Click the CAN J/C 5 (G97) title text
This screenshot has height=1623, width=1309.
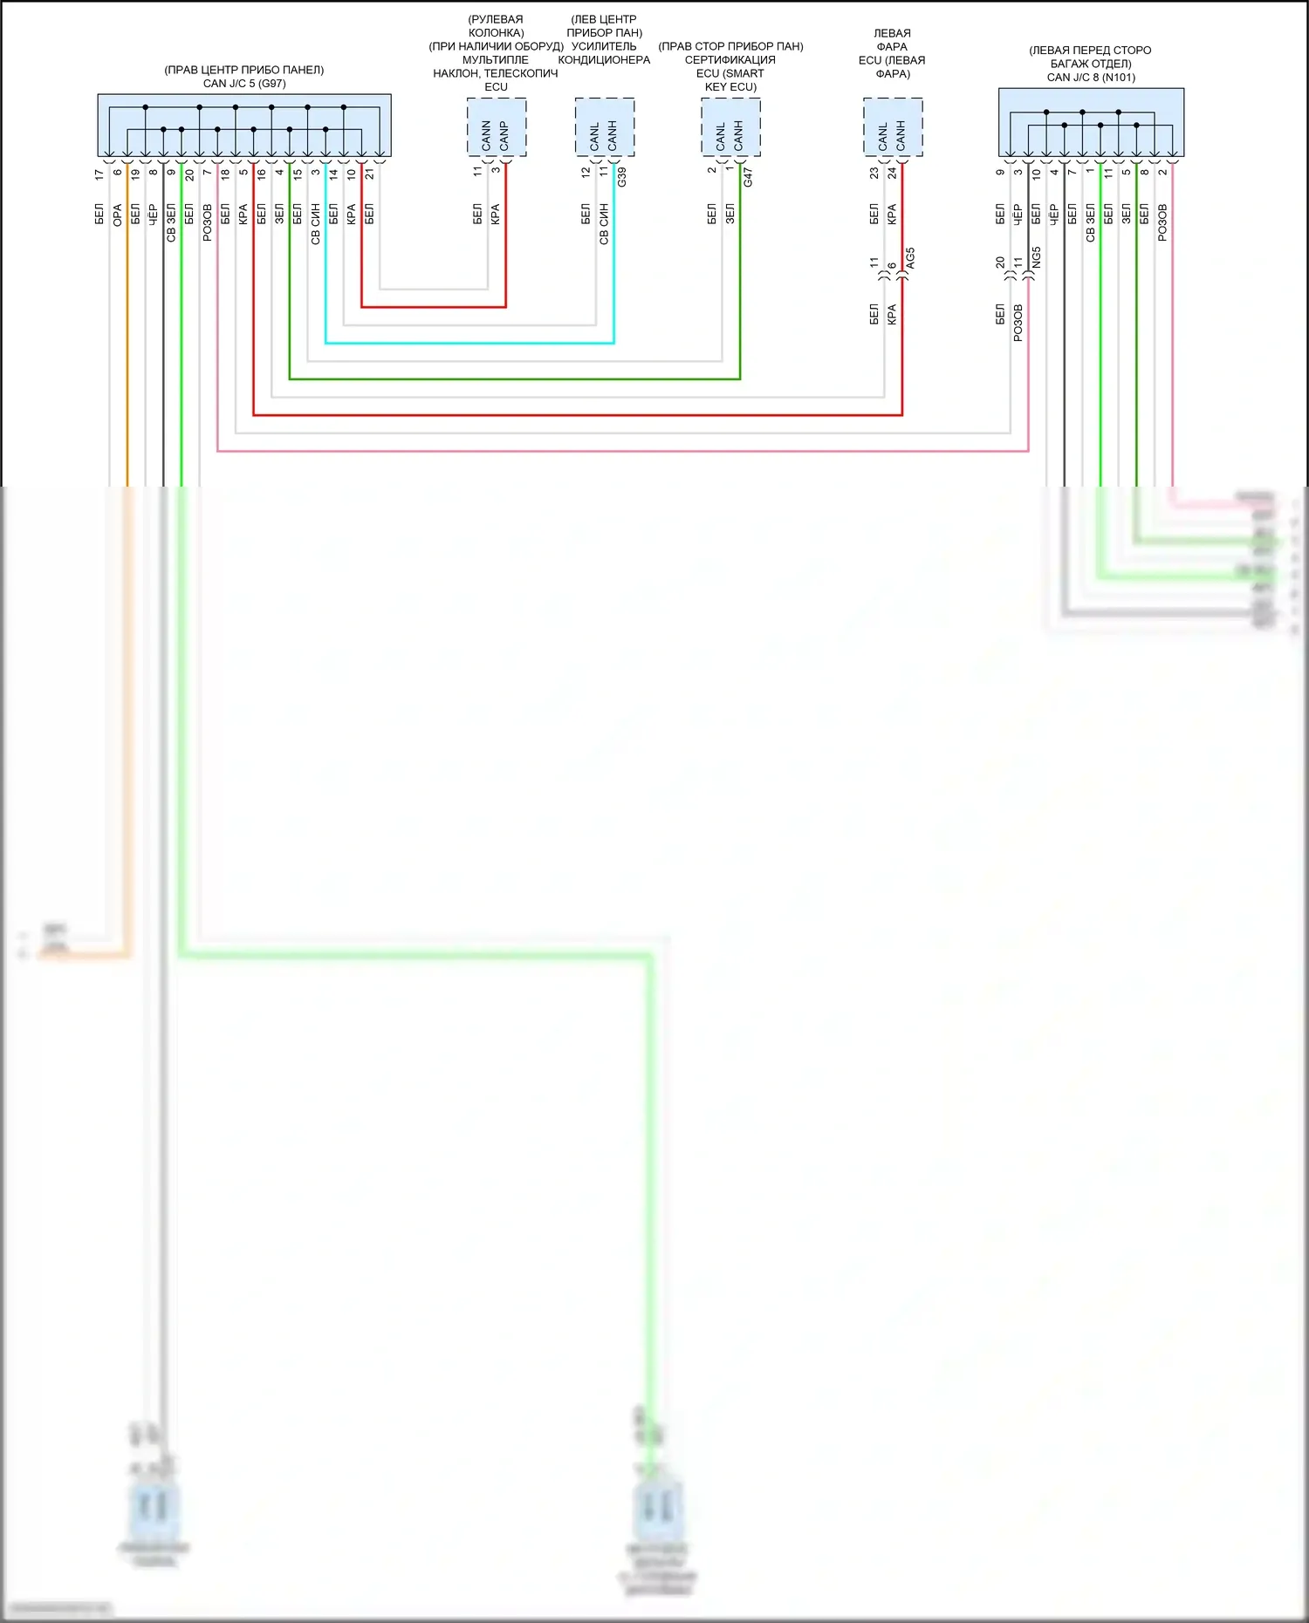[244, 84]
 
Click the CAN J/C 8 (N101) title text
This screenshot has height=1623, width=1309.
[1091, 78]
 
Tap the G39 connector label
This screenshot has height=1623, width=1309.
[622, 177]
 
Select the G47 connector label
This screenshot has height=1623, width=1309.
[748, 177]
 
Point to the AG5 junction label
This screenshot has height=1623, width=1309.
[910, 258]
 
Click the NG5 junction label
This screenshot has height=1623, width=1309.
[1037, 258]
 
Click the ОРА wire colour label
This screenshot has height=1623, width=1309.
[117, 215]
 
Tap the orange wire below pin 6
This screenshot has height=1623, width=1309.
[127, 349]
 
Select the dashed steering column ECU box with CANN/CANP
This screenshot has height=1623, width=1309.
[496, 127]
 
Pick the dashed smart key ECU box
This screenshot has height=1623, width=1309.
[730, 127]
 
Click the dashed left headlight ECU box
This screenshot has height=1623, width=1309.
[892, 127]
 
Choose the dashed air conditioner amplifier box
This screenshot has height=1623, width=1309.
[604, 127]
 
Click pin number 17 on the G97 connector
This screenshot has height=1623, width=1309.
[99, 174]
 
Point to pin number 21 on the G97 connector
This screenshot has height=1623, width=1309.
[370, 174]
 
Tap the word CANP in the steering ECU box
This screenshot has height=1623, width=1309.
[504, 135]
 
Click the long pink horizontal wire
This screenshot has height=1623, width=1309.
[611, 451]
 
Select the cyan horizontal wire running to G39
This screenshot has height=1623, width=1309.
[471, 343]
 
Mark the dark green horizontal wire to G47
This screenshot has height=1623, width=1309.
[515, 379]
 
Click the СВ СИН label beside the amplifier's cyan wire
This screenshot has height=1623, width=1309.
[604, 224]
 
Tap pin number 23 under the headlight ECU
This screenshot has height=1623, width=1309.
[874, 174]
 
